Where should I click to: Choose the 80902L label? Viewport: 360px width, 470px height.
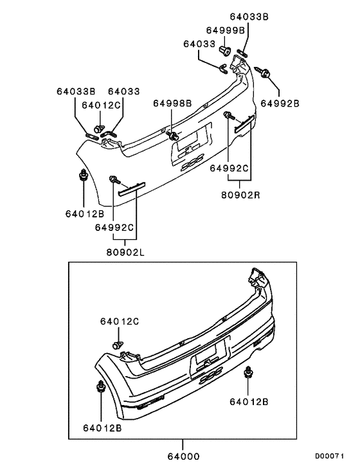click(x=126, y=251)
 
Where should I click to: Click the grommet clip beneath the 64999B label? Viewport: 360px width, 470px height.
click(x=224, y=50)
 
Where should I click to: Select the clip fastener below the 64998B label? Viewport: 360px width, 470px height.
click(x=173, y=136)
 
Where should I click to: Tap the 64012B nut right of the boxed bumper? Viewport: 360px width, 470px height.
click(x=249, y=374)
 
